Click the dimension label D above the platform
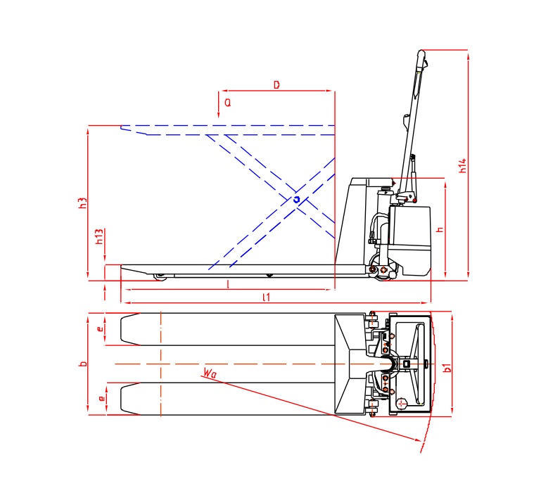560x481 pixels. (x=276, y=84)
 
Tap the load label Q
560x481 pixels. (x=227, y=103)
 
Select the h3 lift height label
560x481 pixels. (x=82, y=203)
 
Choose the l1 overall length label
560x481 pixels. (x=265, y=297)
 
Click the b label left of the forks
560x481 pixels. (x=82, y=364)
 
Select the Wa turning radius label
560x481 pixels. (x=207, y=373)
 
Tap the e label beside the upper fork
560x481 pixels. (x=101, y=328)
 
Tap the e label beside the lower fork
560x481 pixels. (x=101, y=399)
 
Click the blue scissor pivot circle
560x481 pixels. (x=297, y=200)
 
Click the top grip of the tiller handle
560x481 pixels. (x=421, y=54)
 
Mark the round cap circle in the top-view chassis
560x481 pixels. (x=401, y=404)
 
